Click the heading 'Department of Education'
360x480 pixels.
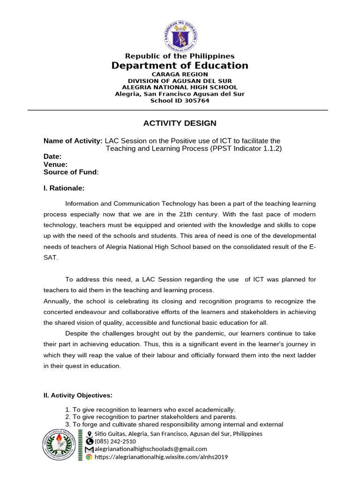coord(180,66)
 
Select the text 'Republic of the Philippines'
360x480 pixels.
coord(180,56)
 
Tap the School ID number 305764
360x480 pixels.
coord(195,100)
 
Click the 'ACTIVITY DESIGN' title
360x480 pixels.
coord(180,123)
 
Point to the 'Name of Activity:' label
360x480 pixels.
coord(73,141)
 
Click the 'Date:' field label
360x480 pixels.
coord(52,157)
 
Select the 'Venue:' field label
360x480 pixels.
coord(55,165)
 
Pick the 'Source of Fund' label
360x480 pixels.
coord(70,172)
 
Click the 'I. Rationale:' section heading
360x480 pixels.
coord(64,188)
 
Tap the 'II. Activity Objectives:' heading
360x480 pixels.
coord(78,395)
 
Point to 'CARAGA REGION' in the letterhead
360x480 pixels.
coord(180,74)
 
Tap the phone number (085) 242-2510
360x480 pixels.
coord(115,442)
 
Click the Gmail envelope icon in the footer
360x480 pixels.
coord(89,450)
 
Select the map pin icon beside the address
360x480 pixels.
coord(89,434)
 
